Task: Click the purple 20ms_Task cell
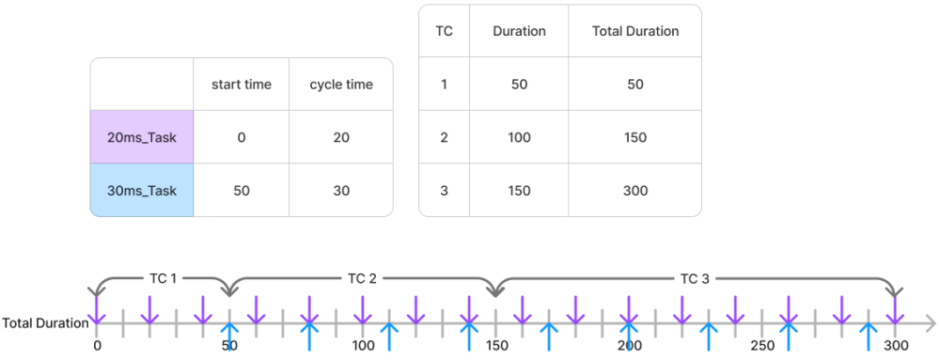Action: [x=142, y=137]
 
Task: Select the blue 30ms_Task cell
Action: [x=142, y=190]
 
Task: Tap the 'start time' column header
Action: [x=242, y=85]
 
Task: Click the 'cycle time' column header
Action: [x=341, y=85]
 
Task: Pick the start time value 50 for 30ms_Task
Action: [x=242, y=190]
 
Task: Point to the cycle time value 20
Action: [x=341, y=137]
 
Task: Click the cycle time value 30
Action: [x=341, y=190]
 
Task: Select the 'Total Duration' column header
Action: [x=635, y=31]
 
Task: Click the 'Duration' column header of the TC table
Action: [x=519, y=31]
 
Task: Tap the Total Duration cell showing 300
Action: [x=635, y=190]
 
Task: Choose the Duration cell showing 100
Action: [x=519, y=137]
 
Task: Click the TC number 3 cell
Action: [x=444, y=190]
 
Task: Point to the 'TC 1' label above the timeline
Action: [x=164, y=278]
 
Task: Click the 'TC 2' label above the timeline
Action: [x=362, y=278]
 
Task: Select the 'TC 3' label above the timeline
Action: [x=695, y=278]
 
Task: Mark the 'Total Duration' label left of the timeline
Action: [x=45, y=323]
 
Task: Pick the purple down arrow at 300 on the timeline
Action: [x=896, y=308]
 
